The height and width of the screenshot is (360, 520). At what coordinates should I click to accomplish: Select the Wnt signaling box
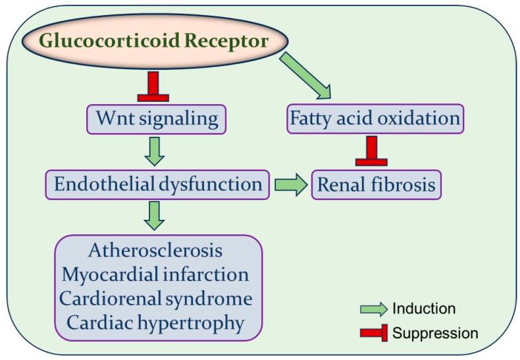[157, 119]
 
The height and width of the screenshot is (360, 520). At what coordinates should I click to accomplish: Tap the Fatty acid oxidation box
[375, 119]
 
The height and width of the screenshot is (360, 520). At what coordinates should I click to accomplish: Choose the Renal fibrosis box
[376, 185]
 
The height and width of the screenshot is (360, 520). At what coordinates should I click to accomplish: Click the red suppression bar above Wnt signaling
[153, 88]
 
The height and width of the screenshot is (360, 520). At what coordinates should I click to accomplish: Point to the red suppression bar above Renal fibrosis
[371, 152]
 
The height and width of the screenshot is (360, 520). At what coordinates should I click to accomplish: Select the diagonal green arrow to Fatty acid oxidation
[307, 77]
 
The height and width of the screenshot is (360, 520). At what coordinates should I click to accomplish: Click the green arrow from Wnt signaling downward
[153, 151]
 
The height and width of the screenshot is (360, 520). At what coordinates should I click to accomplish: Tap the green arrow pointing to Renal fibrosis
[290, 185]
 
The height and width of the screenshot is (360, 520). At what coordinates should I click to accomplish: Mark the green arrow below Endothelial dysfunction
[153, 216]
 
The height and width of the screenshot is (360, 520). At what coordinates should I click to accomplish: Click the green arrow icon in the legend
[373, 309]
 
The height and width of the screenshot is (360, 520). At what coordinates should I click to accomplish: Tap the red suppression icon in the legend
[373, 333]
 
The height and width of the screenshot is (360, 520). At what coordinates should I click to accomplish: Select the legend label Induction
[423, 308]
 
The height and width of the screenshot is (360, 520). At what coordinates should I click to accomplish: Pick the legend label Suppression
[435, 333]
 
